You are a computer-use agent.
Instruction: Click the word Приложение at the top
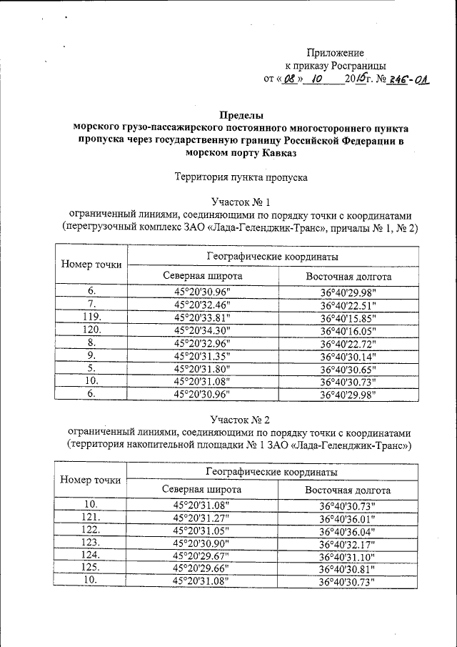(x=336, y=53)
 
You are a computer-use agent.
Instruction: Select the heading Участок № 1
(x=241, y=202)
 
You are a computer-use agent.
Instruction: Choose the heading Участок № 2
(x=241, y=420)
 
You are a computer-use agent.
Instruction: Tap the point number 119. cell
(x=91, y=317)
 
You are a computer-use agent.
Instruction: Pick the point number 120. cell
(x=91, y=330)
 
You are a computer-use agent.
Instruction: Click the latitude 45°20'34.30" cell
(x=202, y=330)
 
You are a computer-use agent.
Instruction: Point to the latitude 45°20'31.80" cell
(x=202, y=369)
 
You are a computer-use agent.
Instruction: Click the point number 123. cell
(x=91, y=543)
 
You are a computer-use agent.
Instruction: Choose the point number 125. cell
(x=91, y=568)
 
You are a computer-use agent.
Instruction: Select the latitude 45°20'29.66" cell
(x=202, y=568)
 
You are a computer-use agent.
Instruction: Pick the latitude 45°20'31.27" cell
(x=202, y=518)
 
